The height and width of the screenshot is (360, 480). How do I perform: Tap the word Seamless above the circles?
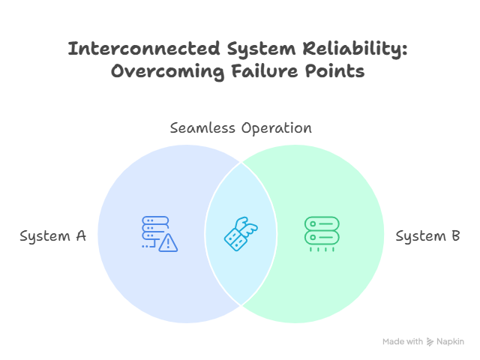[x=202, y=127]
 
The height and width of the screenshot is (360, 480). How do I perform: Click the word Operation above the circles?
[x=276, y=127]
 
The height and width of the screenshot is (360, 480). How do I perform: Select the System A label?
[x=52, y=236]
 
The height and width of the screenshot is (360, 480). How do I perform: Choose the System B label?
[x=427, y=236]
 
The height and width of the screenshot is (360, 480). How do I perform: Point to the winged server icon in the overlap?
[x=241, y=233]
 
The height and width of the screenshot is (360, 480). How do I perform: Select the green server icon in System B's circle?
[x=322, y=232]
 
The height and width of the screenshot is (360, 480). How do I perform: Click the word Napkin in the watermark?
[x=451, y=341]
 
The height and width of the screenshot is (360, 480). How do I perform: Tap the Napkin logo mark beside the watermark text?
[x=430, y=341]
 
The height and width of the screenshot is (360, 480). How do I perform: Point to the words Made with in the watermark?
[x=403, y=341]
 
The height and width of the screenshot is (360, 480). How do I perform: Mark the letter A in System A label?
[x=81, y=236]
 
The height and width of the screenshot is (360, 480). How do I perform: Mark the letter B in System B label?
[x=454, y=236]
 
